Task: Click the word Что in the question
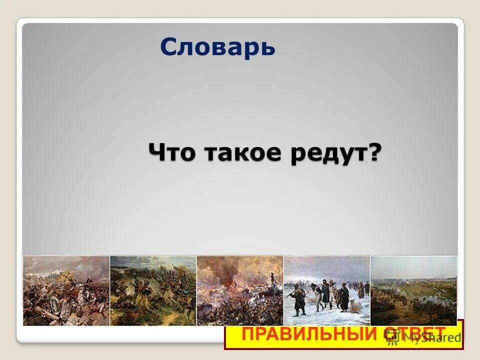click(172, 151)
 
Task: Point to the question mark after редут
click(374, 151)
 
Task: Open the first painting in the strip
click(66, 290)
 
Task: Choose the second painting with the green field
click(153, 290)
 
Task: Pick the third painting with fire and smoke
click(240, 290)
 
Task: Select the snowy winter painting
click(327, 290)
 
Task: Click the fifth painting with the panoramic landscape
click(413, 290)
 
